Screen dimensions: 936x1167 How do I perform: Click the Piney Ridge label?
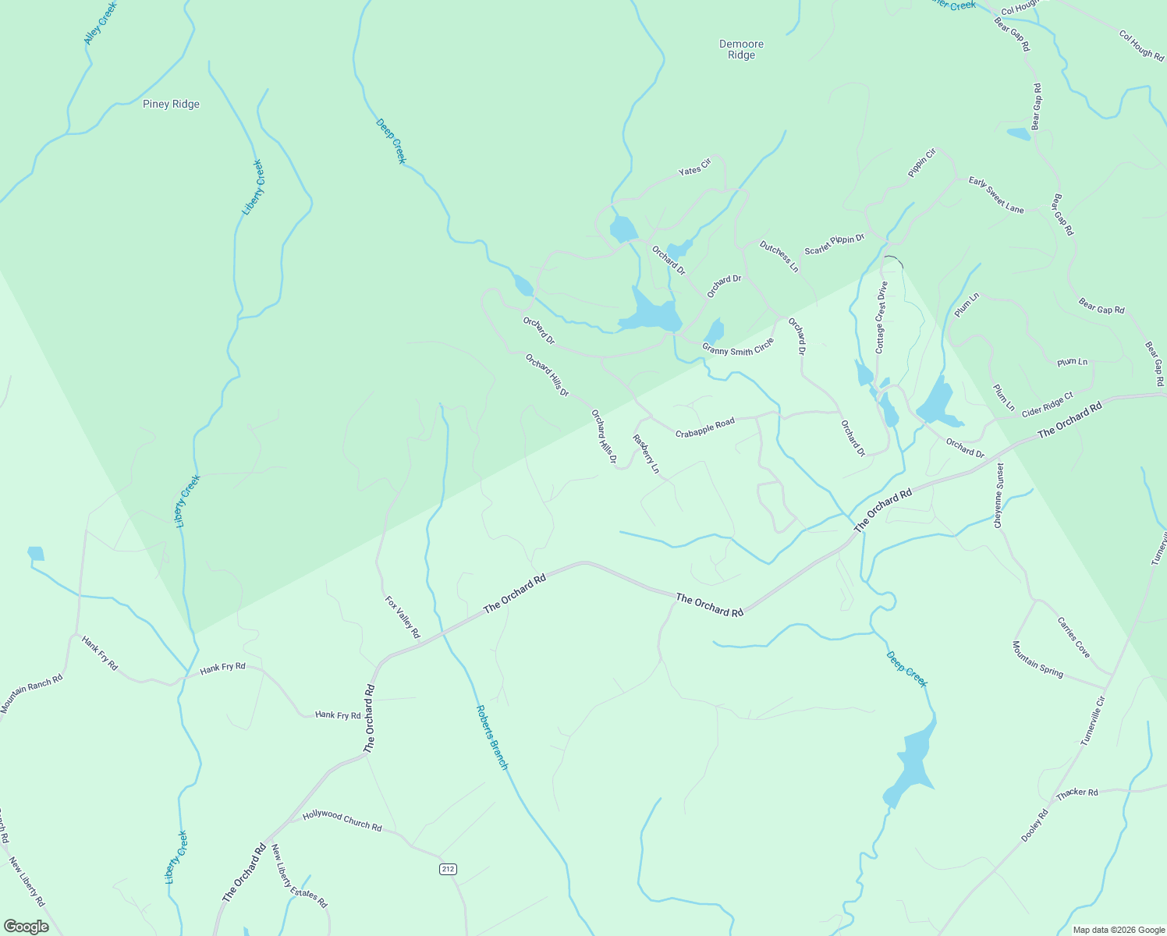tap(171, 105)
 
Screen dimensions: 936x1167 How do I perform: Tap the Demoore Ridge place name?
tap(741, 50)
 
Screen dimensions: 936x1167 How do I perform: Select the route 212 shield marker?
tap(447, 869)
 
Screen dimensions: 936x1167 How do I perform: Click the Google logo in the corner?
tap(26, 927)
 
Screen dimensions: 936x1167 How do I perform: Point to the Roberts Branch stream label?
tap(492, 737)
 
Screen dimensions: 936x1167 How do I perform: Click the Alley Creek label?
tap(100, 23)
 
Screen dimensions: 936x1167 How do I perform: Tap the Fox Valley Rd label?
tap(403, 617)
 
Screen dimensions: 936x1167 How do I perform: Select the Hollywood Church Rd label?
tap(342, 821)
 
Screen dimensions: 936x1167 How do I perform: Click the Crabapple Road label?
tap(705, 427)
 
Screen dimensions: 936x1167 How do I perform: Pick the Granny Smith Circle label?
tap(738, 346)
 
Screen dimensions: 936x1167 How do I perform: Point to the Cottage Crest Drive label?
tap(881, 317)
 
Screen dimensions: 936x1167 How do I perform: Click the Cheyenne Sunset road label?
tap(999, 495)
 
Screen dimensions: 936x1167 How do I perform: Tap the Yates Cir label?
tap(694, 167)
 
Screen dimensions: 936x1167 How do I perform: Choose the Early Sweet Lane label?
tap(996, 195)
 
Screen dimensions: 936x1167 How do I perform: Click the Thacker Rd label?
tap(1077, 793)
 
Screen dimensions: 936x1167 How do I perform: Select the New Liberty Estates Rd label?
tap(300, 877)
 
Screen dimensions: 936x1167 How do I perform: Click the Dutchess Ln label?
tap(779, 257)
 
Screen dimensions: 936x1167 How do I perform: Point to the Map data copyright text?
tap(1117, 929)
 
